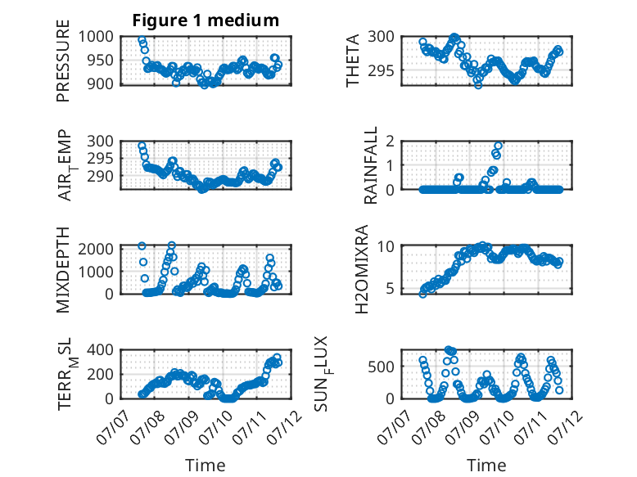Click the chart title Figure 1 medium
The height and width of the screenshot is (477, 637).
206,20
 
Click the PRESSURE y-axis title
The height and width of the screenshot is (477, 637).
63,61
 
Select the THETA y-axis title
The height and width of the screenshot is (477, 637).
353,61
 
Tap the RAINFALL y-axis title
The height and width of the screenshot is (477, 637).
371,165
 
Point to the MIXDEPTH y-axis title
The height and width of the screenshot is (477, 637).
63,270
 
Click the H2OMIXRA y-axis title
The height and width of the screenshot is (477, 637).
361,269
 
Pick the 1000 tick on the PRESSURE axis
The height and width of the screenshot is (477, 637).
96,37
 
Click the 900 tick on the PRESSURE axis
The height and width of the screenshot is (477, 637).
101,83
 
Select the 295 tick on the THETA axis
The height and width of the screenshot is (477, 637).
382,70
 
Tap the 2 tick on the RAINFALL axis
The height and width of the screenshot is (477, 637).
391,142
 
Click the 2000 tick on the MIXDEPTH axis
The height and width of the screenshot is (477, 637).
96,249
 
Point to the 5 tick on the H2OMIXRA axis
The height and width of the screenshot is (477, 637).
391,289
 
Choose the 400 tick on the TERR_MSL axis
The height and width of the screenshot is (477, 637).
101,350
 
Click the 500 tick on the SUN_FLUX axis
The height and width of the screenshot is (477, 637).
382,367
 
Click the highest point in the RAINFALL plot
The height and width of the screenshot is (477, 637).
498,146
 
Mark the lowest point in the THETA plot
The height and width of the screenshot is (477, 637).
478,85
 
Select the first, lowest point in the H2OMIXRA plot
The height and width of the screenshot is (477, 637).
423,294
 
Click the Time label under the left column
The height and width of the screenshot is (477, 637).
206,465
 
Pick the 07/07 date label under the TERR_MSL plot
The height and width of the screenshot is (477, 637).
114,427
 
